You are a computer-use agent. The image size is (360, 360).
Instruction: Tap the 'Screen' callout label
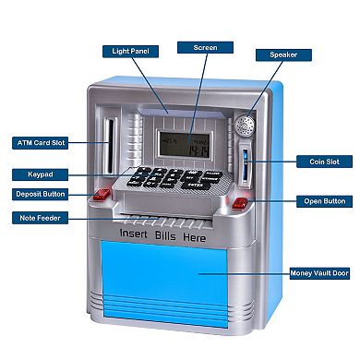click(x=205, y=46)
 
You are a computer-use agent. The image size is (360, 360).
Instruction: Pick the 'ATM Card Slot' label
click(x=42, y=143)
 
